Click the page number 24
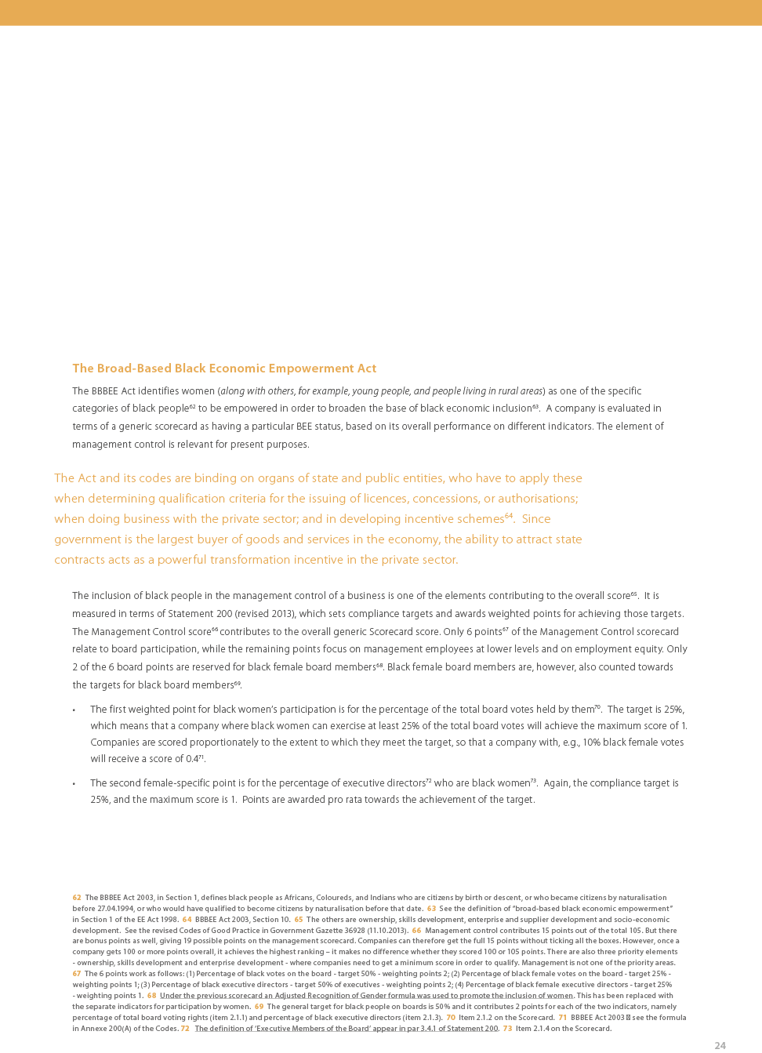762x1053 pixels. click(720, 1045)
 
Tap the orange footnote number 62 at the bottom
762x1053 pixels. click(77, 898)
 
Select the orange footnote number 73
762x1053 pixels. click(507, 1029)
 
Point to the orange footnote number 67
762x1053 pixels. click(77, 974)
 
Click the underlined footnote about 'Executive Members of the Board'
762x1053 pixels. click(347, 1029)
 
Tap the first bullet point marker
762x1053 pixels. click(74, 710)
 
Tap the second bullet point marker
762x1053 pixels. click(74, 784)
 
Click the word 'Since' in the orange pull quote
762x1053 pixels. click(536, 519)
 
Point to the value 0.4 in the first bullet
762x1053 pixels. click(191, 759)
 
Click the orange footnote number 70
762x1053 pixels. click(451, 1018)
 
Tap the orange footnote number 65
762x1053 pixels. click(299, 920)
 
